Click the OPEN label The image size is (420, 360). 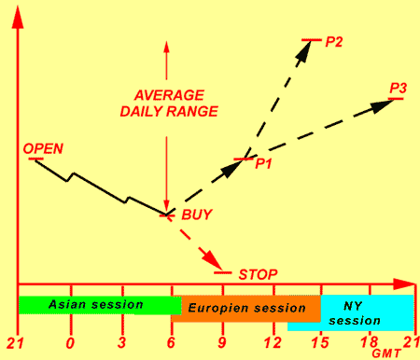coord(43,149)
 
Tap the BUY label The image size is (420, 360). coord(197,215)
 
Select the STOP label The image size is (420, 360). coord(258,274)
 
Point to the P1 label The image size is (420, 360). coord(263,164)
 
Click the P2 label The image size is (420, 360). coord(334,42)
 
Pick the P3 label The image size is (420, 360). coord(399,89)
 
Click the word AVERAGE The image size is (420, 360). coord(169,95)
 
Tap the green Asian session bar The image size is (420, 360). coord(100,305)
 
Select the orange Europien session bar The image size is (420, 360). coord(245,309)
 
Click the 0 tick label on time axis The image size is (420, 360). coord(71,343)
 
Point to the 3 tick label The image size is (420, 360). coord(122,343)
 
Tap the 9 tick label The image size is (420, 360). coord(222,343)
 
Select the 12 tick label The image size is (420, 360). coord(273,343)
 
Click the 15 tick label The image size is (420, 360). coord(320,343)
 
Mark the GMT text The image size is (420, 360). coord(386,353)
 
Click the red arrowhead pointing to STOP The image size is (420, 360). coord(214,261)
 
